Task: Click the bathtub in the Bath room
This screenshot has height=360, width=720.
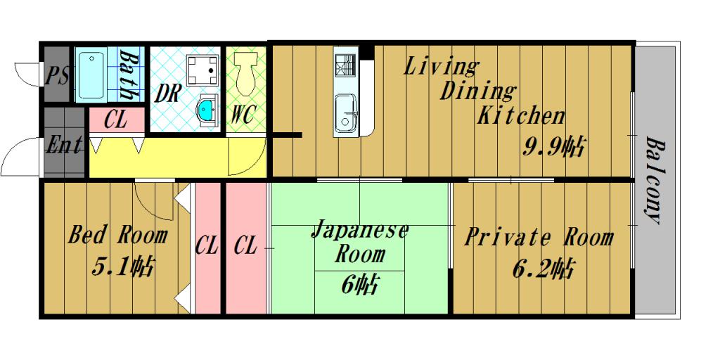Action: [90, 75]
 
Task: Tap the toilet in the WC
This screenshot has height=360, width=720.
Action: [245, 78]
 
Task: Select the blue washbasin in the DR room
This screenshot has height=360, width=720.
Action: [207, 108]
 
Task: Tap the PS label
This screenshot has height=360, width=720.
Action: [57, 75]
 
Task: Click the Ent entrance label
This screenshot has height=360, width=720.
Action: [64, 146]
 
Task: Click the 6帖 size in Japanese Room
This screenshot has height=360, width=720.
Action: [360, 284]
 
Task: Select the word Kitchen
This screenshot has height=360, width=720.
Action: [521, 115]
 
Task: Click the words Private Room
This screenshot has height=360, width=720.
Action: [539, 237]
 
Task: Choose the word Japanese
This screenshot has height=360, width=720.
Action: [359, 230]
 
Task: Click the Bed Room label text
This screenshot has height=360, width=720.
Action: [118, 235]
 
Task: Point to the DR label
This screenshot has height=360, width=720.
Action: [169, 94]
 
